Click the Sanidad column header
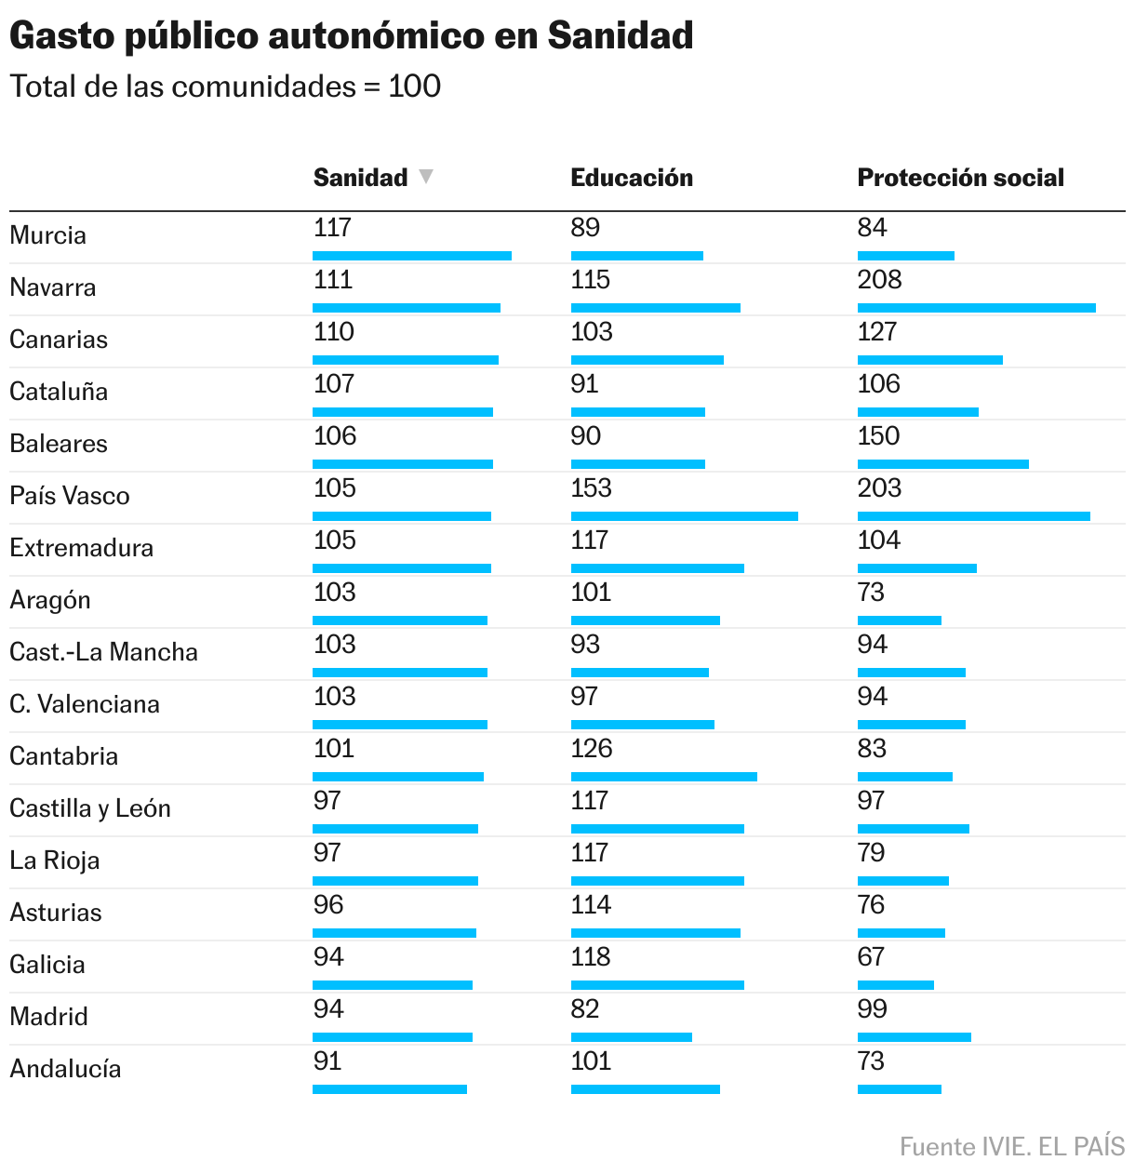(x=360, y=178)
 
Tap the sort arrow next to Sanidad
(x=426, y=177)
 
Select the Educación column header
(x=632, y=178)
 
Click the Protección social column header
(x=960, y=178)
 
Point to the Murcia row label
(x=47, y=235)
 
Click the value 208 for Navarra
(x=879, y=280)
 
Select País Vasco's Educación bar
(x=684, y=516)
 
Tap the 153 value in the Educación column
(x=591, y=488)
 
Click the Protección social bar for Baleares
(x=942, y=464)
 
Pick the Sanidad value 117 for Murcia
(x=332, y=228)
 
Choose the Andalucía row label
(x=65, y=1069)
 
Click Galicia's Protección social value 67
(x=871, y=957)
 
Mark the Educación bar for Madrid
(x=631, y=1037)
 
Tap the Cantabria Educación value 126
(x=591, y=749)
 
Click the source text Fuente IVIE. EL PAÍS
(x=1011, y=1147)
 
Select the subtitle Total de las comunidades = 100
(x=225, y=87)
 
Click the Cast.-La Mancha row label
(x=103, y=652)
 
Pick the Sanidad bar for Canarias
(x=405, y=360)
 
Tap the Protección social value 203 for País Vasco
(x=879, y=488)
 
